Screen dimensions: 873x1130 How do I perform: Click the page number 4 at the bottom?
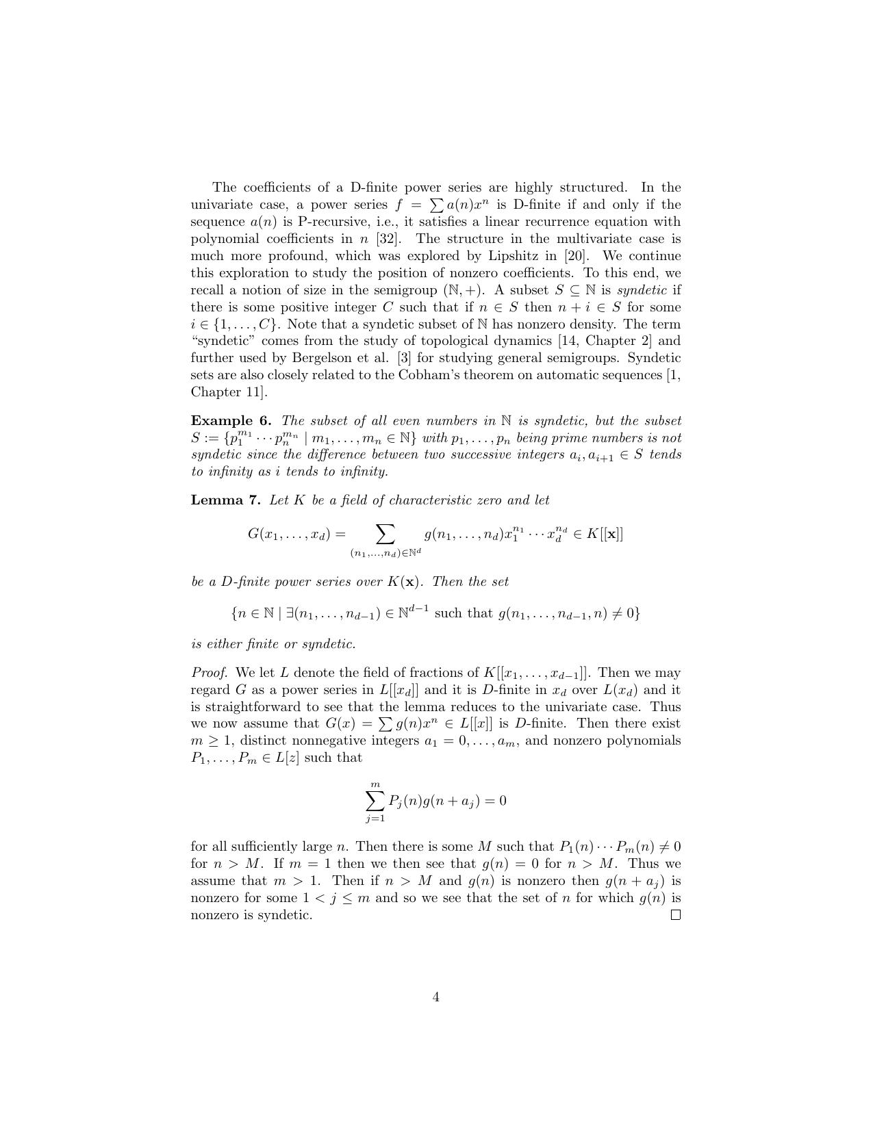[436, 997]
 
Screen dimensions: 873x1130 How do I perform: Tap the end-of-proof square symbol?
[676, 915]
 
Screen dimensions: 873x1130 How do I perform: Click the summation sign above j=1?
[375, 800]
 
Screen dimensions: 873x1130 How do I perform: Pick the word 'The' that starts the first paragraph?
[224, 188]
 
